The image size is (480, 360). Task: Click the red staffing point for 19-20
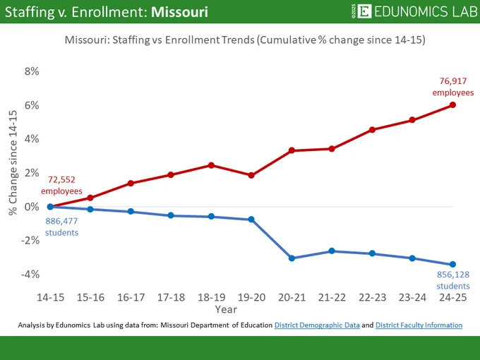[251, 175]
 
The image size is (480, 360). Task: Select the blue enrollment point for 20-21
[292, 258]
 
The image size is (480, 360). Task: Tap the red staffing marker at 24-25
[452, 105]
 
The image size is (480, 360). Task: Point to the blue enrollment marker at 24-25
[452, 264]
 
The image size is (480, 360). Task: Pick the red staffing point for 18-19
[211, 165]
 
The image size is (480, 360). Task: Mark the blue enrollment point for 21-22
[332, 251]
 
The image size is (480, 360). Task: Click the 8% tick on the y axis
[32, 71]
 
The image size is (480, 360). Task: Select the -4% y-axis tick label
[30, 274]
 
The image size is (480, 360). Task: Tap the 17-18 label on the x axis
[171, 297]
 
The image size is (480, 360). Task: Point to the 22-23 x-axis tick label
[372, 297]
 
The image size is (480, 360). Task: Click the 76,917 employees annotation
[453, 87]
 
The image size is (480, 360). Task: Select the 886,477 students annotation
[61, 227]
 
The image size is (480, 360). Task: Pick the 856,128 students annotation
[453, 280]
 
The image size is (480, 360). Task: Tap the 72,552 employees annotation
[61, 185]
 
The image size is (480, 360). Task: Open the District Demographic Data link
[317, 325]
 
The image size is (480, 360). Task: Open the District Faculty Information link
[419, 325]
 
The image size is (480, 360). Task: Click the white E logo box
[364, 11]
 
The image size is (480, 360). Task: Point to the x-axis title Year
[226, 309]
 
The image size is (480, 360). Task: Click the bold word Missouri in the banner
[180, 12]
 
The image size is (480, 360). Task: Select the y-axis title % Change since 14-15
[13, 163]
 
